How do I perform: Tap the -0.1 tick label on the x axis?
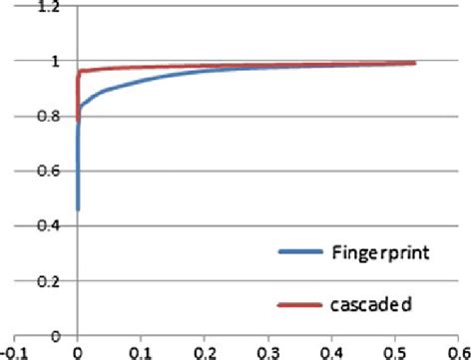[13, 351]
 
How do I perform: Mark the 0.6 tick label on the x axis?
[460, 351]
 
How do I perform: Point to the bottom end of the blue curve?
[78, 209]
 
